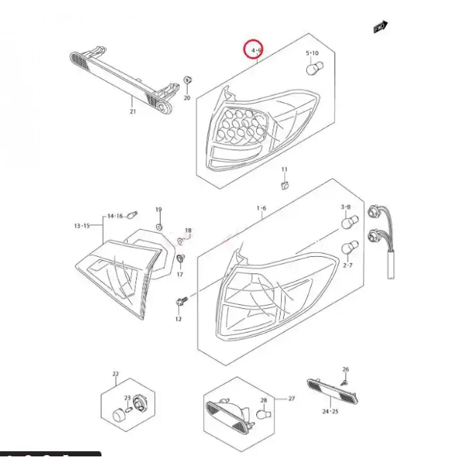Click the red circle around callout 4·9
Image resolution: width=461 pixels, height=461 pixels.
point(254,49)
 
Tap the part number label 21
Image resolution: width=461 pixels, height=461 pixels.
point(132,112)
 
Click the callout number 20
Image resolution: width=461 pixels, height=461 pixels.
point(186,98)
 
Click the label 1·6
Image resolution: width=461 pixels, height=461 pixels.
point(261,208)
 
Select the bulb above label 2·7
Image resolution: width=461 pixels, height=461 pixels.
point(349,248)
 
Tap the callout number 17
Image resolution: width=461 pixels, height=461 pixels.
point(180,274)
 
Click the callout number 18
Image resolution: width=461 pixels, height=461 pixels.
point(188,230)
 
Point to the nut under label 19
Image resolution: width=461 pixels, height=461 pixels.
point(159,227)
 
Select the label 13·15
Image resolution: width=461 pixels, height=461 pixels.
point(82,226)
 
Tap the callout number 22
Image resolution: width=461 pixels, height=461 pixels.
point(115,375)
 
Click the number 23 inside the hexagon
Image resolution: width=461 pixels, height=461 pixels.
point(127,397)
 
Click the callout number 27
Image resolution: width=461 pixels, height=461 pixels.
point(292,399)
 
